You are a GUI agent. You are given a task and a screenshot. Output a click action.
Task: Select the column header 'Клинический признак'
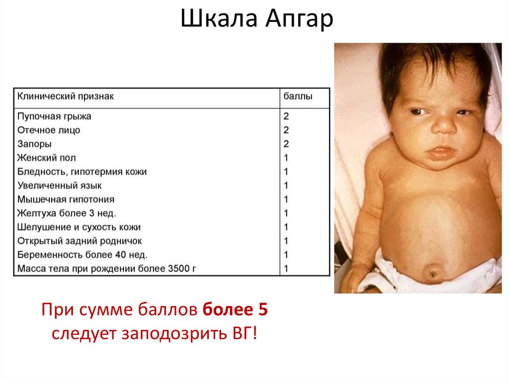pyautogui.click(x=66, y=96)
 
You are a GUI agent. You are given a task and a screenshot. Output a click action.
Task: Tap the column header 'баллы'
pyautogui.click(x=298, y=96)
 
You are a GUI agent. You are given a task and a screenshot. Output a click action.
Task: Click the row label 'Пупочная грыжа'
pyautogui.click(x=54, y=116)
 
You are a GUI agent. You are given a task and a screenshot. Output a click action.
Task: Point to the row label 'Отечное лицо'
pyautogui.click(x=49, y=130)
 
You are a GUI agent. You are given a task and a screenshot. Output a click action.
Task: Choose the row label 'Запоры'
pyautogui.click(x=34, y=144)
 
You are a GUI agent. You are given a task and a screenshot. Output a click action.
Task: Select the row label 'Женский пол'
pyautogui.click(x=46, y=158)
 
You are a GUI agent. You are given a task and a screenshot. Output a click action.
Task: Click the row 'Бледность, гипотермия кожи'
pyautogui.click(x=82, y=172)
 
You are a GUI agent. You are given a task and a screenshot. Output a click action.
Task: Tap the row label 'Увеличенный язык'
pyautogui.click(x=59, y=186)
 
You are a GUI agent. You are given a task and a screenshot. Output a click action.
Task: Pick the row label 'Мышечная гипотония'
pyautogui.click(x=66, y=200)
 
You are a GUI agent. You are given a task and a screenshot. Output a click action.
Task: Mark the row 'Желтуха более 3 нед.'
pyautogui.click(x=67, y=214)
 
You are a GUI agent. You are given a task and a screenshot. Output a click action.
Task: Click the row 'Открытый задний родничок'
pyautogui.click(x=80, y=241)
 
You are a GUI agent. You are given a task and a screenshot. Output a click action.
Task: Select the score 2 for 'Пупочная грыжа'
pyautogui.click(x=286, y=116)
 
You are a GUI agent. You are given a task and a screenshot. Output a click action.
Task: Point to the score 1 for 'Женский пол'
pyautogui.click(x=286, y=158)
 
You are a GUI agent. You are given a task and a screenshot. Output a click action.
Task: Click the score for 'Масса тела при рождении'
pyautogui.click(x=286, y=269)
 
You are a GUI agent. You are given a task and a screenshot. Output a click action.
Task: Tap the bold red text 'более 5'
pyautogui.click(x=235, y=310)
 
